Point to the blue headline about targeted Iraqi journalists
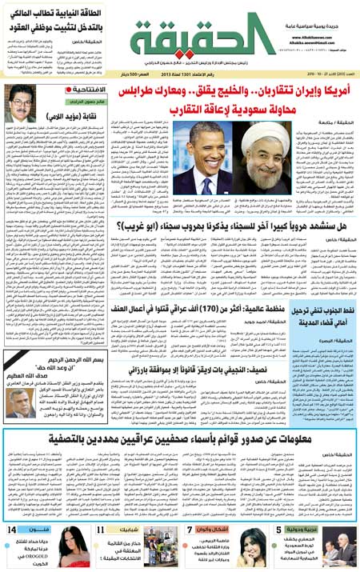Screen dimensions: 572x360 click(180, 439)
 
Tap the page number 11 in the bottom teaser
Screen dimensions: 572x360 click(103, 530)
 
